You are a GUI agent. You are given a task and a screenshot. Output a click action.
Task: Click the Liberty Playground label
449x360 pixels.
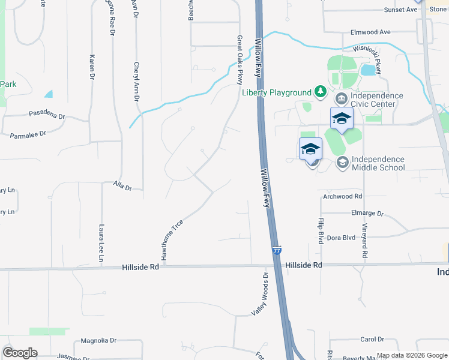[x=276, y=92]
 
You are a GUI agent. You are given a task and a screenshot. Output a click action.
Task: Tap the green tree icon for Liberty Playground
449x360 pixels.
[x=321, y=92]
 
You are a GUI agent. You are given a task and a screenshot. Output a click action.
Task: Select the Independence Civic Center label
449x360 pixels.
[x=376, y=100]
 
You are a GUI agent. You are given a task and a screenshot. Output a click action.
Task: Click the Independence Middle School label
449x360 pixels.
[x=378, y=163]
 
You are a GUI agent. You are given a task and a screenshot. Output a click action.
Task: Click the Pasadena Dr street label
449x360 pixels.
[x=46, y=113]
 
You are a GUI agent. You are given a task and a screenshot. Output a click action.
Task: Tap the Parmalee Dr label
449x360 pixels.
[x=28, y=136]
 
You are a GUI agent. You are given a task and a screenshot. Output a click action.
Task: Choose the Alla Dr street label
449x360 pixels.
[x=122, y=187]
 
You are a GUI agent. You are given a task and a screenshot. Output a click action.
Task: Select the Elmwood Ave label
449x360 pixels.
[x=371, y=32]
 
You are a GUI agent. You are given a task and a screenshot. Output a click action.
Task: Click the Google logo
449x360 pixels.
[x=20, y=353]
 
